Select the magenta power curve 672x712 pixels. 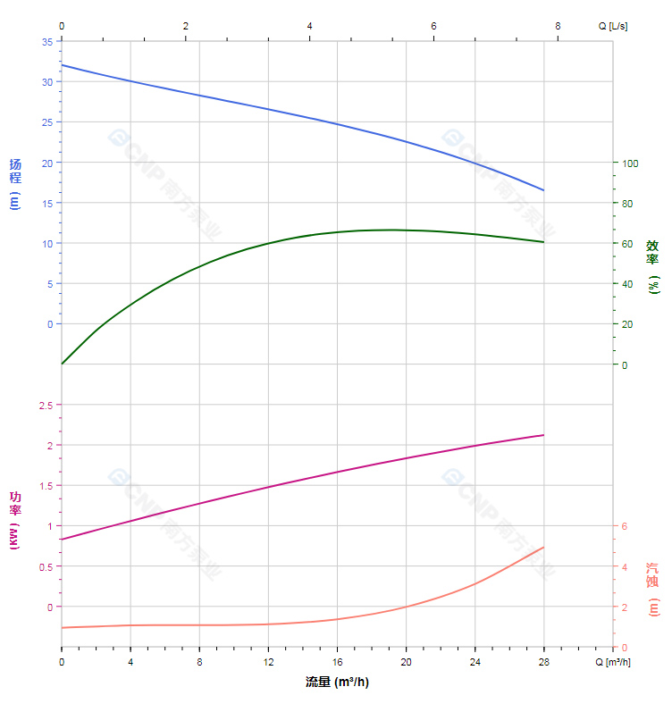tap(268, 487)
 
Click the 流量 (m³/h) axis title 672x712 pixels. tap(337, 683)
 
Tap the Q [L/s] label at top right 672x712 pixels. tap(613, 26)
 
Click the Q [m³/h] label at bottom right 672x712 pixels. tap(613, 662)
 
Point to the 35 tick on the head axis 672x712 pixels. tap(46, 42)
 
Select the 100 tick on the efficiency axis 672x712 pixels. tap(630, 163)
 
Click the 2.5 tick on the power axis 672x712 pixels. tap(44, 405)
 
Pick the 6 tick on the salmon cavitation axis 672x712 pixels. tap(626, 525)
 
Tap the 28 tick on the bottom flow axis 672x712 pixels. tap(543, 662)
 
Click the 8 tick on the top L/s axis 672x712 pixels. tap(558, 26)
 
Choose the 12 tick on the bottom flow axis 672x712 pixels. tap(268, 662)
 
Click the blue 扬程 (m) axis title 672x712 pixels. tap(14, 183)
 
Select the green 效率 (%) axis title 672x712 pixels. tap(652, 265)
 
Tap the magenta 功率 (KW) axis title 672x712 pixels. tap(14, 520)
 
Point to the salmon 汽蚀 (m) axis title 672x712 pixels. tap(652, 589)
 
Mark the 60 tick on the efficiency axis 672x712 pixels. tap(627, 244)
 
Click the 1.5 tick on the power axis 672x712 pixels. tap(44, 486)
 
